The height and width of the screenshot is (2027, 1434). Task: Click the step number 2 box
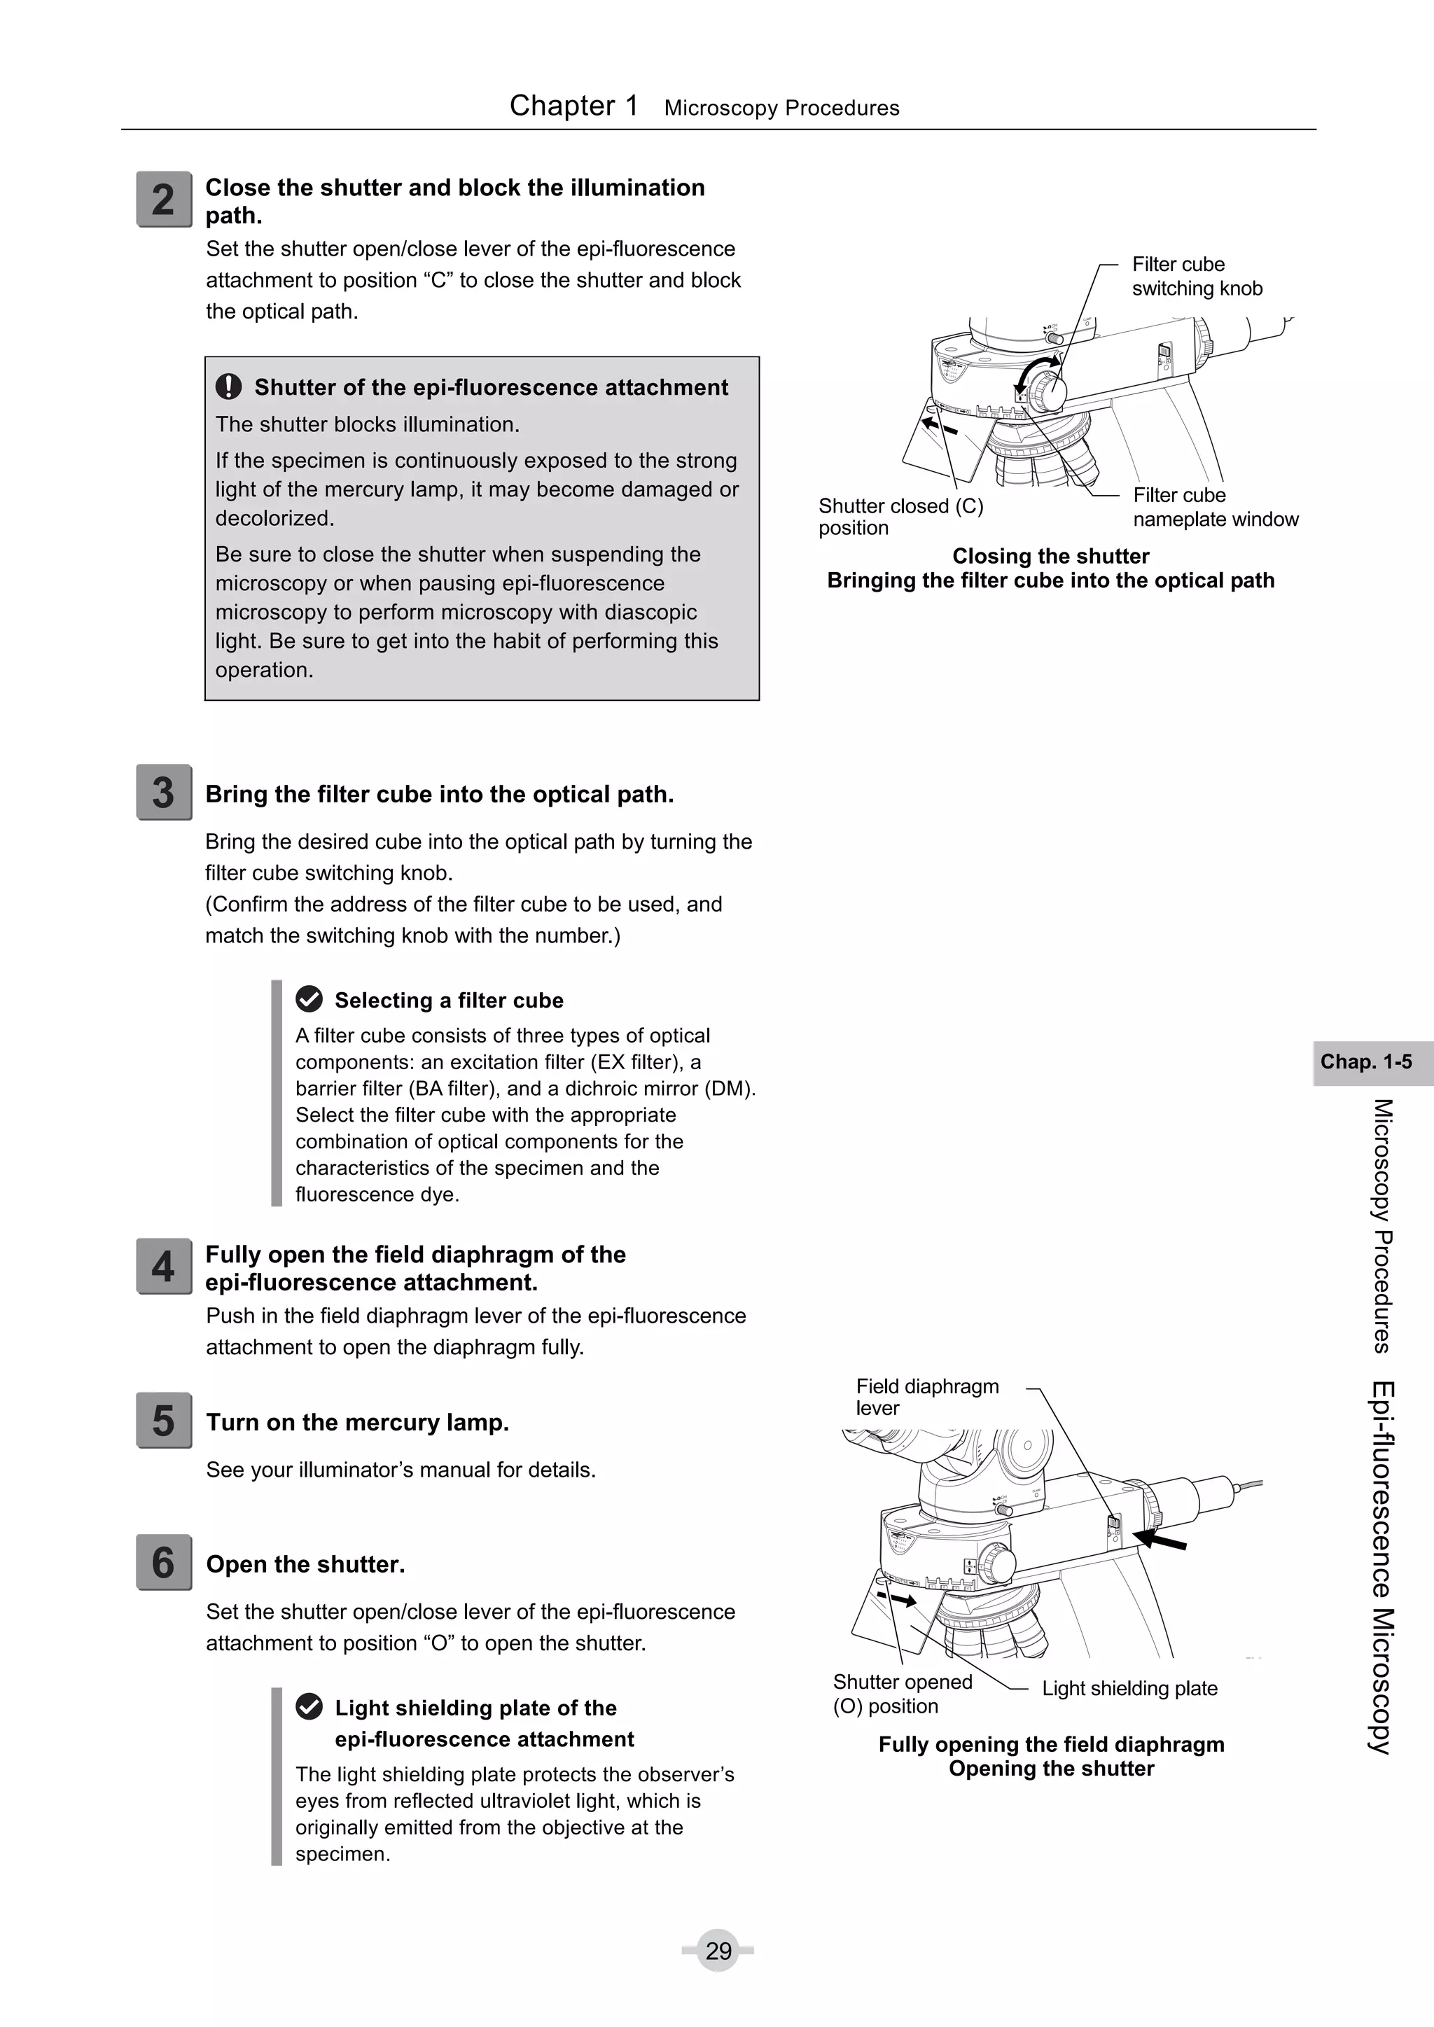pyautogui.click(x=163, y=200)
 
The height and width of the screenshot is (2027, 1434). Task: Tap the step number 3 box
pyautogui.click(x=163, y=792)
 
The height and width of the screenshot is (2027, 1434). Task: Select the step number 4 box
pyautogui.click(x=163, y=1266)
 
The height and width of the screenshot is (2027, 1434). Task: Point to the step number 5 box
pyautogui.click(x=163, y=1421)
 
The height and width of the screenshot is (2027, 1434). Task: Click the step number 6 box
pyautogui.click(x=163, y=1563)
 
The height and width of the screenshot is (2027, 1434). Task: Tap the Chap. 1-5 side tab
pyautogui.click(x=1366, y=1061)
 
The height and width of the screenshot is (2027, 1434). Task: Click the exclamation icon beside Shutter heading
pyautogui.click(x=229, y=386)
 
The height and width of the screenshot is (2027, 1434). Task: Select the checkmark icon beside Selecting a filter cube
pyautogui.click(x=309, y=999)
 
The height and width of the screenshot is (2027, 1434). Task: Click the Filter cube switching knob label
pyautogui.click(x=1197, y=277)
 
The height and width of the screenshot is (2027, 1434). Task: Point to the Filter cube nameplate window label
pyautogui.click(x=1215, y=507)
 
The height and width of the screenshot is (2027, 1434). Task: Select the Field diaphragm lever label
pyautogui.click(x=926, y=1397)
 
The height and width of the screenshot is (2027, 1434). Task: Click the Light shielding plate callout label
pyautogui.click(x=1129, y=1688)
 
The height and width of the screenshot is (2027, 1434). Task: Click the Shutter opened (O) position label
pyautogui.click(x=902, y=1693)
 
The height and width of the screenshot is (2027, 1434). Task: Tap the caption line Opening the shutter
pyautogui.click(x=1051, y=1769)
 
